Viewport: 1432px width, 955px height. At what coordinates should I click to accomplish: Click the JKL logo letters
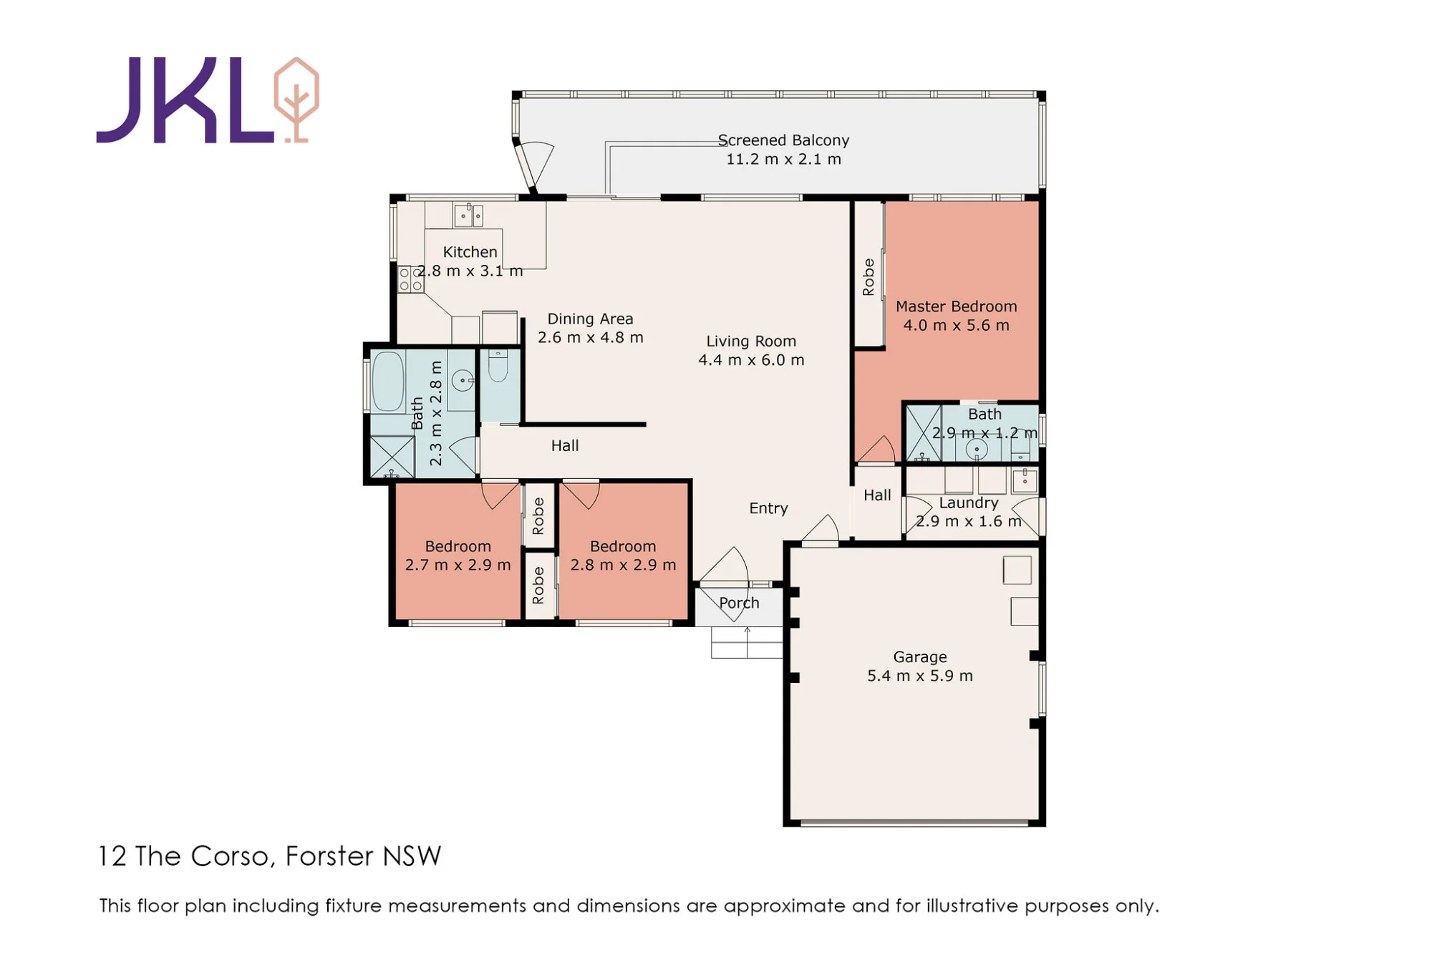click(x=185, y=100)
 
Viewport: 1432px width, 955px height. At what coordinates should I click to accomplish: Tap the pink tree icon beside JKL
click(x=296, y=100)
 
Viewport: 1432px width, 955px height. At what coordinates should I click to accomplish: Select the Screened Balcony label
click(x=783, y=140)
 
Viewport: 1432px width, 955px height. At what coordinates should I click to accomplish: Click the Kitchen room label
click(x=470, y=252)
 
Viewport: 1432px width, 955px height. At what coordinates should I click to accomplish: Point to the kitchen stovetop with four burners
click(x=411, y=279)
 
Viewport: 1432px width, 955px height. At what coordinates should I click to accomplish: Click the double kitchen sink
click(x=469, y=215)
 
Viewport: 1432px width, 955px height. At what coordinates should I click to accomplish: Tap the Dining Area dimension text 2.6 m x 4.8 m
click(x=591, y=337)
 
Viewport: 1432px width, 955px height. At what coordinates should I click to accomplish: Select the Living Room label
click(x=751, y=341)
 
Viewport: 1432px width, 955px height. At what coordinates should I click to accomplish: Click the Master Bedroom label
click(x=956, y=306)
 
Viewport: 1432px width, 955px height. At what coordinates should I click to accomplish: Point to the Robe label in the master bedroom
click(x=869, y=277)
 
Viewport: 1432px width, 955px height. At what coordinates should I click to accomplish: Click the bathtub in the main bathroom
click(x=388, y=382)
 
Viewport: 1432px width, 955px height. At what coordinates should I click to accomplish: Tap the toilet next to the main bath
click(x=498, y=366)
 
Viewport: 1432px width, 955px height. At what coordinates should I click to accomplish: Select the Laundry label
click(x=968, y=503)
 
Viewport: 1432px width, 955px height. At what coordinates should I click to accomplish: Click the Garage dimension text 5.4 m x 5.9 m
click(x=920, y=676)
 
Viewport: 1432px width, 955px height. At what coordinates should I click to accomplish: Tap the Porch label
click(x=739, y=603)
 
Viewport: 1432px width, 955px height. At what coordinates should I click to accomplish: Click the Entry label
click(x=768, y=508)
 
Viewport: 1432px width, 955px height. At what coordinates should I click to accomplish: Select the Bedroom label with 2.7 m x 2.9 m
click(x=458, y=546)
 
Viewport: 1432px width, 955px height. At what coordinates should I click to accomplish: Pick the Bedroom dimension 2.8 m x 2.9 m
click(x=623, y=565)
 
